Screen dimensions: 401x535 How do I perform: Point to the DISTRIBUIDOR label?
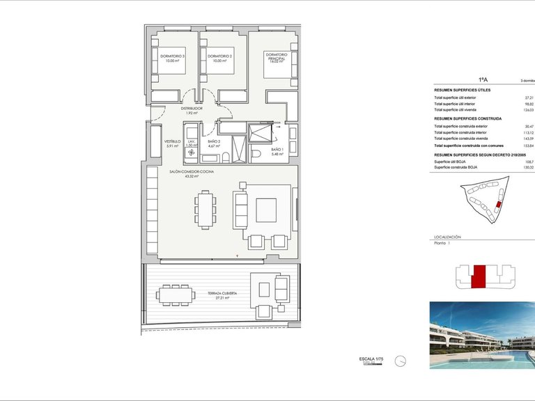[x=192, y=109]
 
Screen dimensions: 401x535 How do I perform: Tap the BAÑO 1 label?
[x=277, y=150]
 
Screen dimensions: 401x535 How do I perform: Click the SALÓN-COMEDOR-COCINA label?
[x=192, y=172]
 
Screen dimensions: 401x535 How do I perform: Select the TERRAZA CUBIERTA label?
[x=222, y=294]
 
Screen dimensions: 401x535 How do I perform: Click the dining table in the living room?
[x=205, y=210]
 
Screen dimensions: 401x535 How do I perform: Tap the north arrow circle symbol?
[x=400, y=361]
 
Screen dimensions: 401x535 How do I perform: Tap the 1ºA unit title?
[x=482, y=80]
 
